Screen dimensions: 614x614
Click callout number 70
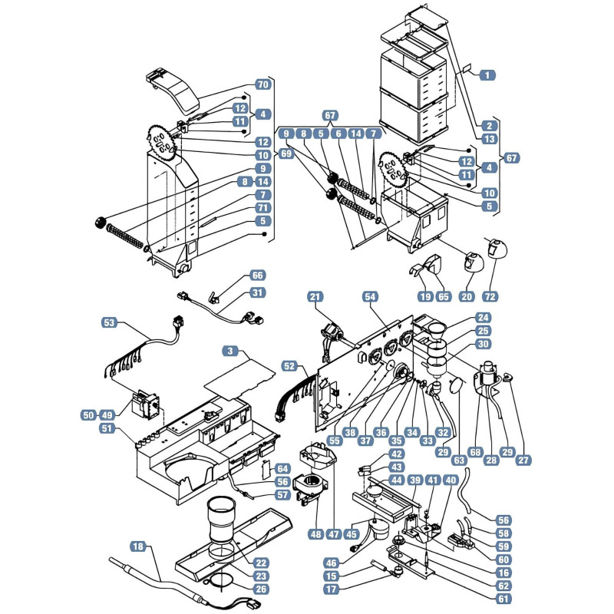pos(263,84)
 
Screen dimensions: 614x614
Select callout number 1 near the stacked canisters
pos(487,74)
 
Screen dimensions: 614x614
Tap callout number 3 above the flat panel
pos(230,351)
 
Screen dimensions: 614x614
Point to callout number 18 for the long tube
pos(138,546)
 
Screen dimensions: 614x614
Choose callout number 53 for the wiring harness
pos(109,322)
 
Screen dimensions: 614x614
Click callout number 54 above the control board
pos(370,297)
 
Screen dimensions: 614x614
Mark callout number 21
pos(315,297)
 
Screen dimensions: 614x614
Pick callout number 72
pos(490,296)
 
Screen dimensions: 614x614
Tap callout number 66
pos(257,276)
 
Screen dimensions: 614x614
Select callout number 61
pos(503,599)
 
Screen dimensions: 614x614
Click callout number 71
pos(263,208)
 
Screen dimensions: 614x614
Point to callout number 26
pos(261,589)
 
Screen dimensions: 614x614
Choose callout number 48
pos(315,533)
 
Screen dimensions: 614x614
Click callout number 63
pos(459,460)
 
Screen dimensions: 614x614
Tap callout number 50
pos(89,415)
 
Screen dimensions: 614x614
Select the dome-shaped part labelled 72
pos(497,249)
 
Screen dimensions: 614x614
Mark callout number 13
pos(490,139)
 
